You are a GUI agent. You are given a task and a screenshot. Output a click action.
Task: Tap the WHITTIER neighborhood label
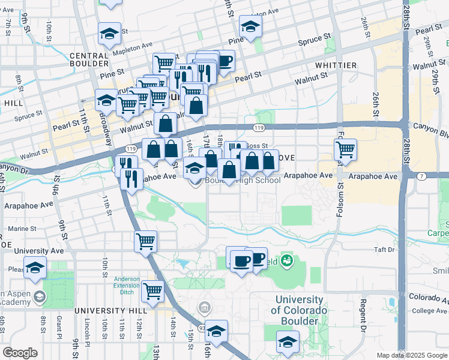click(x=335, y=65)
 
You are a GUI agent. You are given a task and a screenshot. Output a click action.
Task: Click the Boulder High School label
click(x=243, y=180)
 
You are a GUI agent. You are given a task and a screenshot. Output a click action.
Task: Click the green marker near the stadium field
click(x=287, y=260)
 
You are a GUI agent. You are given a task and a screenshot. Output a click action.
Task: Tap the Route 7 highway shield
click(x=422, y=176)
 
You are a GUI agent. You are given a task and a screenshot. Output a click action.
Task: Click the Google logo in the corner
click(x=20, y=352)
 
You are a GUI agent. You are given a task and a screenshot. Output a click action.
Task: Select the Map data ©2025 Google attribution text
click(x=411, y=355)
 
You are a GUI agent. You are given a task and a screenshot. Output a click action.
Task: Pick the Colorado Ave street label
click(x=427, y=296)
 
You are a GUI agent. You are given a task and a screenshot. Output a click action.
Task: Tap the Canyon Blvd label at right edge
click(x=430, y=127)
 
